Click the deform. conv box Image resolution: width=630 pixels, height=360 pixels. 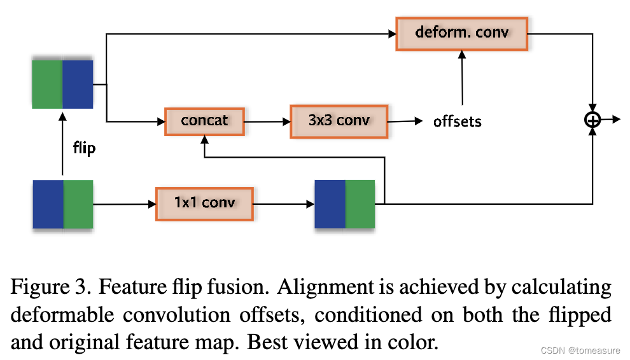pyautogui.click(x=462, y=32)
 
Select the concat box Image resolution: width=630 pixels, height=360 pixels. pyautogui.click(x=204, y=120)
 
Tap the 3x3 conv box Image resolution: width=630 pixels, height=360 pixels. pyautogui.click(x=339, y=120)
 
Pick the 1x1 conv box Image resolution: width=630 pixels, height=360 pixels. pyautogui.click(x=204, y=203)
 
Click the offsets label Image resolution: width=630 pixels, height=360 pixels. pyautogui.click(x=457, y=121)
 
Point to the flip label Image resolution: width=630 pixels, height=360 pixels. pyautogui.click(x=83, y=149)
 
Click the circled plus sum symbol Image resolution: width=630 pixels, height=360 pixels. pyautogui.click(x=592, y=120)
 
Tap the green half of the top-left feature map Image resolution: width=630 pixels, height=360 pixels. pyautogui.click(x=47, y=83)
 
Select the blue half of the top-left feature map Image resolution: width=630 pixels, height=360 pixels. pyautogui.click(x=78, y=83)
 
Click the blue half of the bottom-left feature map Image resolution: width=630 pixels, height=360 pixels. pyautogui.click(x=48, y=204)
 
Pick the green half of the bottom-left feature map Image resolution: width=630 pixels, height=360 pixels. pyautogui.click(x=78, y=204)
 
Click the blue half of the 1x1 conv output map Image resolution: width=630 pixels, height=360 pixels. pyautogui.click(x=330, y=204)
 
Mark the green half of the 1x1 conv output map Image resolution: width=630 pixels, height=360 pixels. pyautogui.click(x=360, y=204)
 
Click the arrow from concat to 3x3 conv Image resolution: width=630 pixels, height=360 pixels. pyautogui.click(x=267, y=121)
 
